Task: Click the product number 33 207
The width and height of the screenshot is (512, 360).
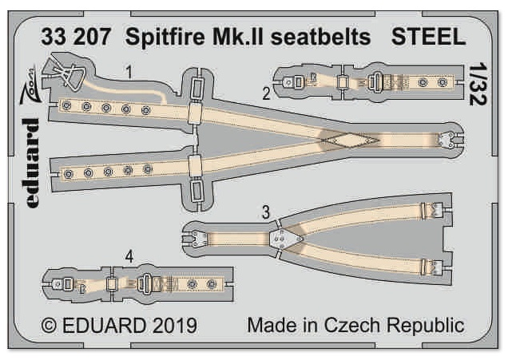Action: [76, 37]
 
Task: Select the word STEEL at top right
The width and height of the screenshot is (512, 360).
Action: [428, 37]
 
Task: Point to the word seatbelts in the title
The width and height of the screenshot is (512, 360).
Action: [321, 37]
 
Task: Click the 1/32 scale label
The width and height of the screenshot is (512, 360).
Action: [478, 84]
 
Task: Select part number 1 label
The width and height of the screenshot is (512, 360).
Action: [129, 72]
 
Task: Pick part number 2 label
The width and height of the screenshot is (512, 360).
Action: [267, 93]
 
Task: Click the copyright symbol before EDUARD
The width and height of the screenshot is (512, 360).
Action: [50, 326]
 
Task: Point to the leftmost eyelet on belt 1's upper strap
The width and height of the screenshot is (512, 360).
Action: [66, 105]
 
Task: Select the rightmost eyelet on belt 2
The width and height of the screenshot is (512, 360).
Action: [443, 82]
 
